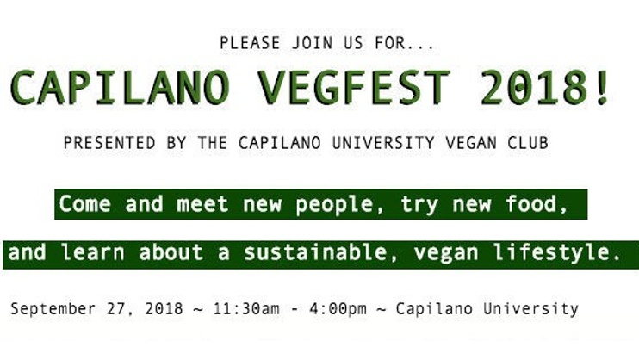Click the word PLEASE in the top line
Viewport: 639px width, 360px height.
[250, 43]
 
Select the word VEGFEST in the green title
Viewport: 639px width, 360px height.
[354, 88]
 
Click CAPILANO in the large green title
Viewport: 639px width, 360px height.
[120, 88]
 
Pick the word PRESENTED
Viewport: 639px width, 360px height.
[109, 143]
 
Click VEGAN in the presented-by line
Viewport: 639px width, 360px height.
[471, 143]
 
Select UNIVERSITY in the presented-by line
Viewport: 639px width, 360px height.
[383, 143]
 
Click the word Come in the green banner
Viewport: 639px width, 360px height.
[84, 203]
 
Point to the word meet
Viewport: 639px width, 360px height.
[202, 203]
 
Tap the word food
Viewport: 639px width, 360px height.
[531, 203]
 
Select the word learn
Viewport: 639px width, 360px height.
[92, 252]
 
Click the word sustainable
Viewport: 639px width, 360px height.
[315, 252]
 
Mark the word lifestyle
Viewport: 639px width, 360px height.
[551, 253]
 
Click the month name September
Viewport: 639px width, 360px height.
[53, 309]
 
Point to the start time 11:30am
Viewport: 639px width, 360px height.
[246, 308]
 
